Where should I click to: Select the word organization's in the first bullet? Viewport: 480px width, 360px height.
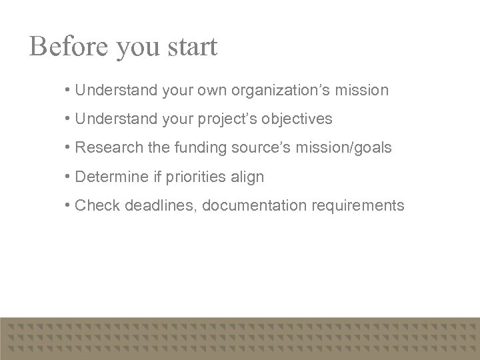[273, 90]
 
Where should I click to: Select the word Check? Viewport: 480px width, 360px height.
[94, 205]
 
